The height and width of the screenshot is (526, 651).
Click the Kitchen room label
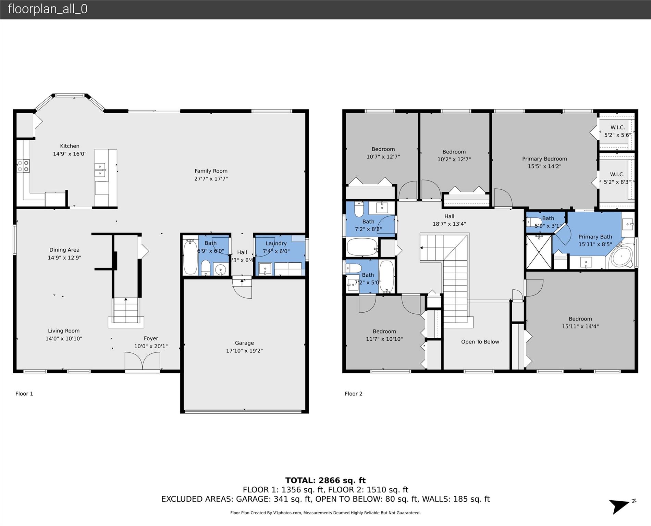click(70, 146)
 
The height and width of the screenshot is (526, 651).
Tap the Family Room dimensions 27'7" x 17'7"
click(211, 178)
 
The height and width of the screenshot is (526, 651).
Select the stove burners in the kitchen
click(23, 166)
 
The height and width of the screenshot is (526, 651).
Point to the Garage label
click(244, 343)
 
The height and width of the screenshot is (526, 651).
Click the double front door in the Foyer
click(142, 362)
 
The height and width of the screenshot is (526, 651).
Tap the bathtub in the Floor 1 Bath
click(190, 257)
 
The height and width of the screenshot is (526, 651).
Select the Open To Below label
click(480, 342)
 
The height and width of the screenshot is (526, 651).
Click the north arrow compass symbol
click(621, 506)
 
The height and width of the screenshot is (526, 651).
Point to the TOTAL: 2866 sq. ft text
click(325, 480)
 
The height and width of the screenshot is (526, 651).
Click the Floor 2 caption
click(353, 394)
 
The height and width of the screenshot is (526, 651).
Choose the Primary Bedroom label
click(544, 159)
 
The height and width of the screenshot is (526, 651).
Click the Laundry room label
click(276, 243)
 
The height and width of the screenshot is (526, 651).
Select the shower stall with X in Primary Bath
click(539, 256)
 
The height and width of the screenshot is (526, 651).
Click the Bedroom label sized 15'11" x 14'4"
click(580, 319)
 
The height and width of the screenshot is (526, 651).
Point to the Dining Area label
click(64, 250)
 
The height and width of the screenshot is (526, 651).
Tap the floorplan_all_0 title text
click(48, 9)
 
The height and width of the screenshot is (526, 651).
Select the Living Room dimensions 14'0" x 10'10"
click(64, 339)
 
